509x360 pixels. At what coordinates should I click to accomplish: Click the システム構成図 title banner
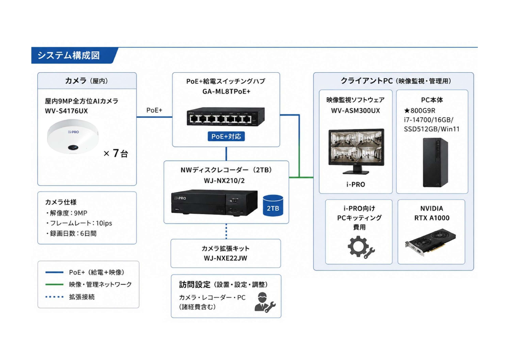tap(74, 55)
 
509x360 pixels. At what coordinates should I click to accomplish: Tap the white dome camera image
tap(73, 136)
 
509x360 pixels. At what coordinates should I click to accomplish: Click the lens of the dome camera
tap(73, 147)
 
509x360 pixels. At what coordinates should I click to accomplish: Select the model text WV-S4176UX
tap(66, 111)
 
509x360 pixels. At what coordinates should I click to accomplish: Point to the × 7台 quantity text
tap(116, 153)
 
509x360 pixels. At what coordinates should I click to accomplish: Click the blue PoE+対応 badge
tap(226, 136)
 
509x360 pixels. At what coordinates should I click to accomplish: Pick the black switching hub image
tap(226, 117)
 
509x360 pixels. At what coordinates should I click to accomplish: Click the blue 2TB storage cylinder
tap(273, 206)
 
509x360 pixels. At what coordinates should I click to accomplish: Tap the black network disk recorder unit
tap(214, 203)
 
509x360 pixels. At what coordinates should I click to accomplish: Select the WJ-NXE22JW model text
tap(225, 258)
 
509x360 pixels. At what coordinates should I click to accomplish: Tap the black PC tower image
tap(435, 162)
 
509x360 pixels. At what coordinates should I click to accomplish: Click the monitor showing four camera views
tap(356, 151)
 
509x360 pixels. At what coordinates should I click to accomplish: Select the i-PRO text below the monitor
tap(356, 184)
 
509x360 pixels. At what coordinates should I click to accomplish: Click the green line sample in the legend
tap(54, 285)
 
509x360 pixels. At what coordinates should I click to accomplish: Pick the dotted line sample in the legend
tap(54, 297)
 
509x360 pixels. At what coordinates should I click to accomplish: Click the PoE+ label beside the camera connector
tap(154, 110)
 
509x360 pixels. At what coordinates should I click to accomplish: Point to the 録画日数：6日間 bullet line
tap(71, 234)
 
